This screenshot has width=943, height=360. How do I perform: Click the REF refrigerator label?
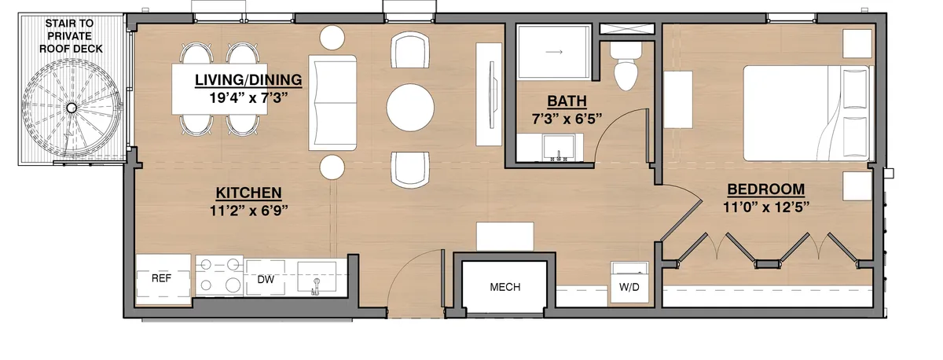click(x=161, y=278)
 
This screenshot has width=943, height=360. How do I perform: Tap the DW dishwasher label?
click(x=266, y=279)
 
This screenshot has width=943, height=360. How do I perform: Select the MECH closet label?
click(x=505, y=287)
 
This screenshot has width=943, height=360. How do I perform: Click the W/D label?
click(x=629, y=287)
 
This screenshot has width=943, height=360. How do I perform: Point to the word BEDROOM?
click(x=765, y=189)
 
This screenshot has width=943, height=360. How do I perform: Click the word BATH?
click(x=567, y=101)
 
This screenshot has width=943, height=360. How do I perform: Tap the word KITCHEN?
click(x=248, y=193)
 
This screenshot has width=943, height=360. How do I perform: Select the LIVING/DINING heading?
click(x=248, y=79)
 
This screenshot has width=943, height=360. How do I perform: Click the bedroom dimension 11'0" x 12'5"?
click(x=766, y=208)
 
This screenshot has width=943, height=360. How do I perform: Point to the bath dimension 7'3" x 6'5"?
click(x=567, y=119)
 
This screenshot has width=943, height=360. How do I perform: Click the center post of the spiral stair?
click(x=72, y=108)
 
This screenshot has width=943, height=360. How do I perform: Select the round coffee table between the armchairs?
click(x=410, y=108)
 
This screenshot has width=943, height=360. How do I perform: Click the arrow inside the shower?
click(x=554, y=52)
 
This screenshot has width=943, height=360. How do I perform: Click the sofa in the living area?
click(x=332, y=103)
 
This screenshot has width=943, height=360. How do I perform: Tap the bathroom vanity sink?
click(x=559, y=147)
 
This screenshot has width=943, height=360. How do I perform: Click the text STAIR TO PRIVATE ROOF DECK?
click(x=70, y=36)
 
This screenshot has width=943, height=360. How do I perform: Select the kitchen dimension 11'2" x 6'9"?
click(x=249, y=211)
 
